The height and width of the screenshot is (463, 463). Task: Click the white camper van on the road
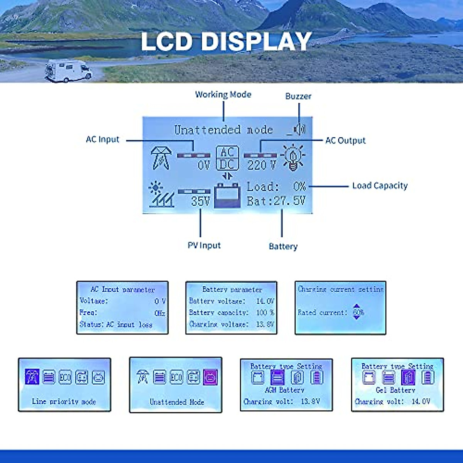pyautogui.click(x=68, y=71)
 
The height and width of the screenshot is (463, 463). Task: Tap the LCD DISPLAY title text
pyautogui.click(x=226, y=41)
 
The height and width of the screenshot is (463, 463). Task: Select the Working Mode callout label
pyautogui.click(x=223, y=95)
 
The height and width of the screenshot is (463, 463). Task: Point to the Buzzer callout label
pyautogui.click(x=298, y=96)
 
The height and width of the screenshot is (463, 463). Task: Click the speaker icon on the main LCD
pyautogui.click(x=299, y=129)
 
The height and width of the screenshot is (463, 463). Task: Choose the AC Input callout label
pyautogui.click(x=103, y=140)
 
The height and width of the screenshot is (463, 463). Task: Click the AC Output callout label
pyautogui.click(x=345, y=140)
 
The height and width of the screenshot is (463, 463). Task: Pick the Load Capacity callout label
pyautogui.click(x=380, y=186)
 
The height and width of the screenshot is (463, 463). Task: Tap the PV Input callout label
pyautogui.click(x=204, y=245)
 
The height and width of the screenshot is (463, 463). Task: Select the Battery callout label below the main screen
pyautogui.click(x=283, y=246)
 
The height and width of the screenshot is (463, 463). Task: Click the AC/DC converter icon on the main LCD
pyautogui.click(x=227, y=158)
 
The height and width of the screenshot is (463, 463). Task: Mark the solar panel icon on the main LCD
pyautogui.click(x=161, y=194)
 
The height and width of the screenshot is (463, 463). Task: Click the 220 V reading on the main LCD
pyautogui.click(x=262, y=166)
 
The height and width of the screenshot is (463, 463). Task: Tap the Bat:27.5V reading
pyautogui.click(x=276, y=201)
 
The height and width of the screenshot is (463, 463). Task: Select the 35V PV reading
pyautogui.click(x=201, y=201)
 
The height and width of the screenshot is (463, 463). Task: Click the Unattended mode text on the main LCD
pyautogui.click(x=223, y=130)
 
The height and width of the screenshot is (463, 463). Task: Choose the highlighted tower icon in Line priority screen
pyautogui.click(x=32, y=377)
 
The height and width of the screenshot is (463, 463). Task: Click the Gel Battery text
pyautogui.click(x=395, y=390)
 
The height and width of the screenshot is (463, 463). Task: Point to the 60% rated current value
pyautogui.click(x=358, y=312)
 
